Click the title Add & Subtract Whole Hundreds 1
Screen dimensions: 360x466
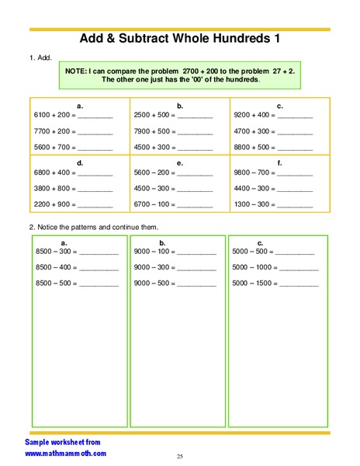(179, 40)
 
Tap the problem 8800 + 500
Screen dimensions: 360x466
(254, 147)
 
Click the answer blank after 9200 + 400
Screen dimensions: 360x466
(296, 116)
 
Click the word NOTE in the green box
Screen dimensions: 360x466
(75, 71)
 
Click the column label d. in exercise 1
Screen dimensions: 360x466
(80, 162)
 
